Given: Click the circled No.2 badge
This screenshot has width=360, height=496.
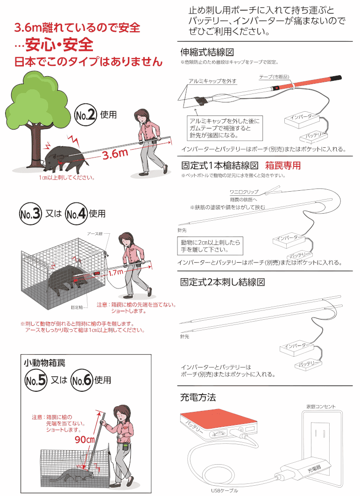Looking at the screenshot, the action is [85, 115].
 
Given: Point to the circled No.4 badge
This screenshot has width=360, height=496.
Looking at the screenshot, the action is [76, 214].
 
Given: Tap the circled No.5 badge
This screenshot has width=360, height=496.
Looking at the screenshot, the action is [36, 380].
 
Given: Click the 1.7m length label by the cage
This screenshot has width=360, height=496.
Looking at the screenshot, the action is [116, 273].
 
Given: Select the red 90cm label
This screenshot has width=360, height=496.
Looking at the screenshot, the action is [85, 440].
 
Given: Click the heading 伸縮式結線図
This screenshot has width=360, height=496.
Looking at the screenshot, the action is [207, 52].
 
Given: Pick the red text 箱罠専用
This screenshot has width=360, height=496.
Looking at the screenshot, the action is [282, 165].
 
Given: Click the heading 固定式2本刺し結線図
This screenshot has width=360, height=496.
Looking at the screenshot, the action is [223, 282].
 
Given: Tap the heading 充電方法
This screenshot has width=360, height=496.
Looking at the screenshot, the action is [198, 397].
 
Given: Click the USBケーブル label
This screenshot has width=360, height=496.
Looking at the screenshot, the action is [225, 490].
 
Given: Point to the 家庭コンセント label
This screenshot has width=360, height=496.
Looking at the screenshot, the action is [321, 407].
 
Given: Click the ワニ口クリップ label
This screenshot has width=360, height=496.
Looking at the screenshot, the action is [244, 192].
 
